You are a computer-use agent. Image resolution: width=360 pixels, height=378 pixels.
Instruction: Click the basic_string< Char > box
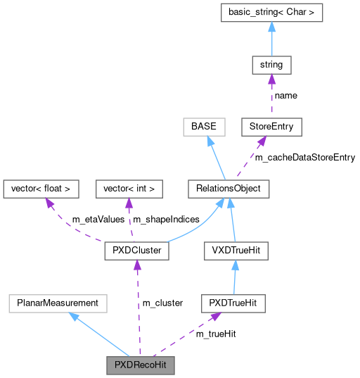click(271, 13)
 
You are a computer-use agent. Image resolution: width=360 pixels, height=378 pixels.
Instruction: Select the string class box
click(271, 65)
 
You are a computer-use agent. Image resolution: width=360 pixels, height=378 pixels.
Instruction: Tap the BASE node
click(204, 127)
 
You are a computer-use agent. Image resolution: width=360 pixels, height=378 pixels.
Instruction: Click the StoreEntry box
click(271, 127)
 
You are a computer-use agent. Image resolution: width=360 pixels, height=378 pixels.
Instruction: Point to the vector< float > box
click(41, 189)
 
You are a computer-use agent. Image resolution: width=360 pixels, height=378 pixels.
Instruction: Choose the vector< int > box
click(129, 189)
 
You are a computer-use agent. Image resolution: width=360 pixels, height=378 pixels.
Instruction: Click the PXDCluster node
click(136, 250)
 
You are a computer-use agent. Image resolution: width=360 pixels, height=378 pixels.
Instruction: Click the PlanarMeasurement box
click(58, 303)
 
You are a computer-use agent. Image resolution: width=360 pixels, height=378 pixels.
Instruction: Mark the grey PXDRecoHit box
click(140, 365)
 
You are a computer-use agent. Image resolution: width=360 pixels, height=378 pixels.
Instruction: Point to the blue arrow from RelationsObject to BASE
click(214, 158)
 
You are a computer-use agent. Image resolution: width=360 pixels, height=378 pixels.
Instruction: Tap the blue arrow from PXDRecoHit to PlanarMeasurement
click(98, 334)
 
